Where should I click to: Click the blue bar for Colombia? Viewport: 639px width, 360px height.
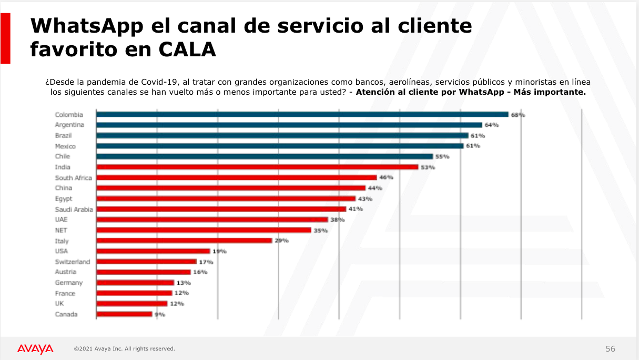[x=302, y=114]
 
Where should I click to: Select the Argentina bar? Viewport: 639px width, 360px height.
[x=289, y=125]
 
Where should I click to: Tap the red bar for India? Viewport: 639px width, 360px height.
[x=257, y=167]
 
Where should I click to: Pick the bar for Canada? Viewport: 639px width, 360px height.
[x=124, y=314]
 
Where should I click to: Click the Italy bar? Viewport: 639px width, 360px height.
[x=184, y=241]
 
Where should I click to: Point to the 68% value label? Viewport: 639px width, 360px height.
[x=518, y=114]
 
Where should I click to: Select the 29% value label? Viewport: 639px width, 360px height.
[x=282, y=241]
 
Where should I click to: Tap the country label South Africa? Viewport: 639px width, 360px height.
[x=73, y=178]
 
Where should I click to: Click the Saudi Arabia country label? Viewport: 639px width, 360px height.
[x=74, y=209]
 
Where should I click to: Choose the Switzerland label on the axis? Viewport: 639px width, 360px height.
[x=73, y=262]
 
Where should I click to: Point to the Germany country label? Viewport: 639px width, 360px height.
[x=69, y=283]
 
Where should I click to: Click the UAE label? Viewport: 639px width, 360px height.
[x=61, y=219]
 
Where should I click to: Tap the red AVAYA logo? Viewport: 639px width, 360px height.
[x=35, y=348]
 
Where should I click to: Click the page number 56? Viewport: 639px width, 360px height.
[x=610, y=348]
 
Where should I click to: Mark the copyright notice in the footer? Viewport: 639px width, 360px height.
[x=124, y=348]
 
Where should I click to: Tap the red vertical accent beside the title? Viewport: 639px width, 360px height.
[x=5, y=38]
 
